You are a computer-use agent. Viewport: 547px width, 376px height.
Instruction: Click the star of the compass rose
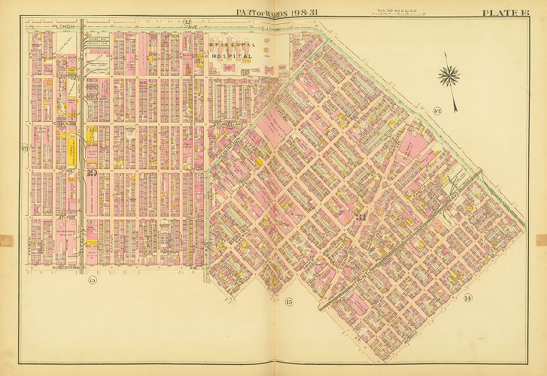pos(451,74)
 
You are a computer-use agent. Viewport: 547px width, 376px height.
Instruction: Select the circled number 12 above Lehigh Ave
pos(187,23)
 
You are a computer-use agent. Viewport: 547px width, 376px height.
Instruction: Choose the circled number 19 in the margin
pos(24,147)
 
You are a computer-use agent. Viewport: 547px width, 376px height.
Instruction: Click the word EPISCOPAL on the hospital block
pos(232,46)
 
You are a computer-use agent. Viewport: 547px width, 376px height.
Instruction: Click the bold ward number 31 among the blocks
pos(360,217)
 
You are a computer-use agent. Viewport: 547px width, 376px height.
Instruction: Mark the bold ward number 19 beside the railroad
pos(91,174)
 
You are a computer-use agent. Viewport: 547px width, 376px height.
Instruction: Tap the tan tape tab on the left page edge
pos(4,241)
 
